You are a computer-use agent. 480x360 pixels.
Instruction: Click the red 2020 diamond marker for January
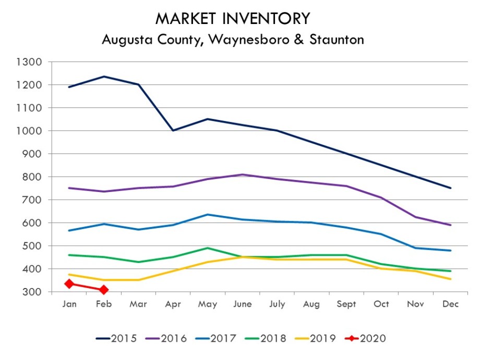coord(69,284)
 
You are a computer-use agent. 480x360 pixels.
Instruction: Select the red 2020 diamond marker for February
coord(104,290)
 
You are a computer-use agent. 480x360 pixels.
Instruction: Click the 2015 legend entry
coord(117,339)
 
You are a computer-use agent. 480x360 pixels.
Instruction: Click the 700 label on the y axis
coord(32,200)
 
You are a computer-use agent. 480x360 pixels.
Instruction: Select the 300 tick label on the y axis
coord(32,292)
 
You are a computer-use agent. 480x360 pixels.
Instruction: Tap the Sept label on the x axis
coord(346,304)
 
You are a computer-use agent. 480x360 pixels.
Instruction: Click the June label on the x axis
coord(243,304)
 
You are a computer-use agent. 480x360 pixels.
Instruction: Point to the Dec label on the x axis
coord(450,304)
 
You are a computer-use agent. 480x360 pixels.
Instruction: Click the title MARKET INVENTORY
coord(233,19)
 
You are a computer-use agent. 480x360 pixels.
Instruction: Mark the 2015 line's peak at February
coord(104,77)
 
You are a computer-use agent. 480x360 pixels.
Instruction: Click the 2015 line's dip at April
coord(173,130)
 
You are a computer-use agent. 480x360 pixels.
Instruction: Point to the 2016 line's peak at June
coord(243,175)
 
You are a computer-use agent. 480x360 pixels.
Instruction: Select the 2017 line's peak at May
coord(208,214)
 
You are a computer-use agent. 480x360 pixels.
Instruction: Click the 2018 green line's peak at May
coord(208,248)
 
